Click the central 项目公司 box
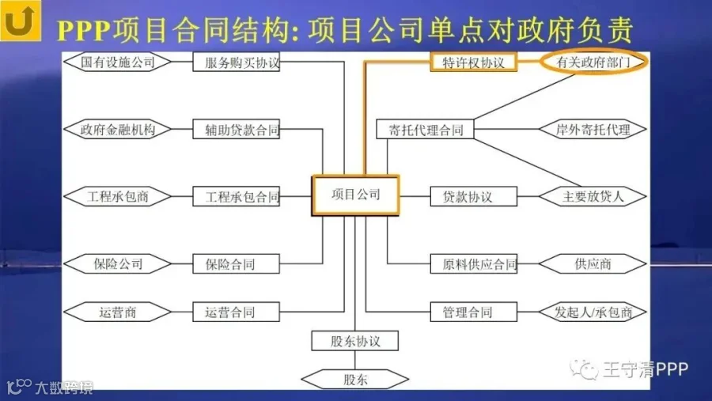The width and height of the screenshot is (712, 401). click(x=356, y=195)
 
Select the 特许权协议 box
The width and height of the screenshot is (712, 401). click(x=474, y=62)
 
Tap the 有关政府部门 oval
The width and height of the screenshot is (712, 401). click(x=593, y=62)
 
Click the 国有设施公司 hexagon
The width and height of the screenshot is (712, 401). click(x=118, y=62)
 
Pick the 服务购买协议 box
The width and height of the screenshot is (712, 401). click(x=237, y=62)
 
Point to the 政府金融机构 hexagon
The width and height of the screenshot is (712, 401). click(x=118, y=129)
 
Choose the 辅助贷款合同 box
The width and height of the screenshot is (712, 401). click(x=237, y=129)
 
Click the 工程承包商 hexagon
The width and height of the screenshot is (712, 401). click(x=118, y=196)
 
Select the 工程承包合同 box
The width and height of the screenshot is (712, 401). click(x=237, y=196)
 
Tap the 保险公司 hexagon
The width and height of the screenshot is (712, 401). click(x=118, y=263)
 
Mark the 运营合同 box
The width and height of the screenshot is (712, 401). click(x=237, y=312)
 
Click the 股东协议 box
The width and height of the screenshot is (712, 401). click(x=355, y=341)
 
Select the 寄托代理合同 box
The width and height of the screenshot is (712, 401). click(x=426, y=129)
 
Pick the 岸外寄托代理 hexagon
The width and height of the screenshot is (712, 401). click(x=593, y=129)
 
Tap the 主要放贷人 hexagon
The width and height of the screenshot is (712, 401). click(x=593, y=196)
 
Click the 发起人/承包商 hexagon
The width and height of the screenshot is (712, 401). click(x=593, y=312)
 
